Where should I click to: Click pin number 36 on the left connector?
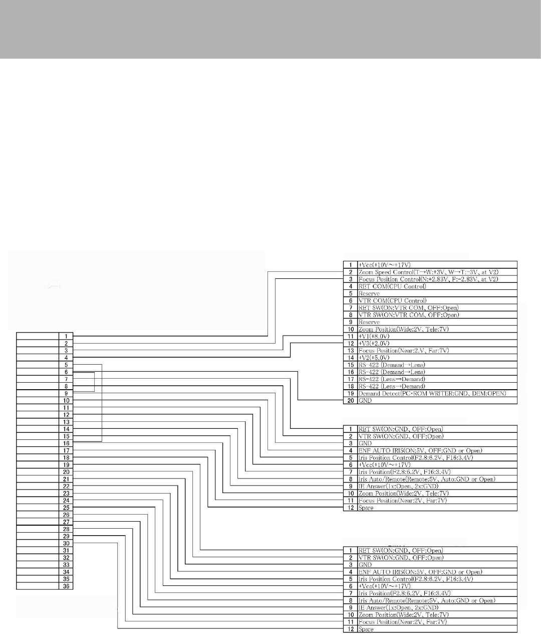pyautogui.click(x=66, y=586)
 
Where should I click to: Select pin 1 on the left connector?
pyautogui.click(x=66, y=336)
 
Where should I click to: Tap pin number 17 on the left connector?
pyautogui.click(x=66, y=450)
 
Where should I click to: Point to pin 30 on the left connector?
pyautogui.click(x=66, y=543)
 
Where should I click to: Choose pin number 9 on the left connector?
pyautogui.click(x=66, y=393)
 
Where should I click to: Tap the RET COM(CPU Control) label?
pyautogui.click(x=392, y=286)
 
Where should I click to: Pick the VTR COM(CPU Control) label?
pyautogui.click(x=392, y=300)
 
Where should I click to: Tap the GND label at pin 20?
pyautogui.click(x=365, y=400)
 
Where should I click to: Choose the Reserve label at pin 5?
pyautogui.click(x=369, y=293)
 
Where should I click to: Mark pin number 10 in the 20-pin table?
pyautogui.click(x=350, y=329)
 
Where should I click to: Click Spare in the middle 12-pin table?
pyautogui.click(x=366, y=508)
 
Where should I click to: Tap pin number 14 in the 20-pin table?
pyautogui.click(x=350, y=358)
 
